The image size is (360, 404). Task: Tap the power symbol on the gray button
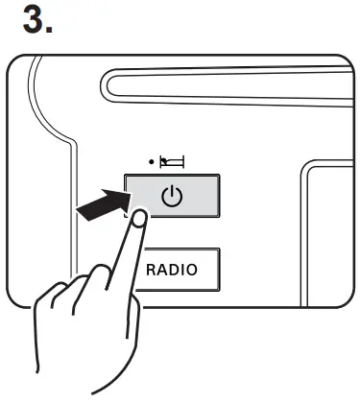click(x=171, y=199)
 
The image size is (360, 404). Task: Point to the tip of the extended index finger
click(x=141, y=219)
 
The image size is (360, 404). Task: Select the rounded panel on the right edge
click(x=326, y=230)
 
